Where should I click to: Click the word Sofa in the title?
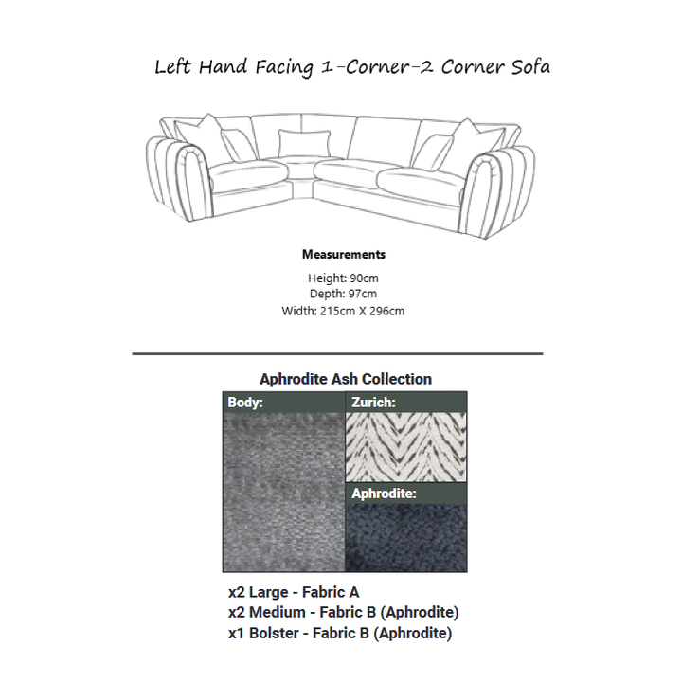[523, 67]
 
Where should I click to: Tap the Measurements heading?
[343, 255]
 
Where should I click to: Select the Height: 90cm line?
[343, 278]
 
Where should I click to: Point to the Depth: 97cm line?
[343, 295]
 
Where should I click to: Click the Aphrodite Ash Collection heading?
[345, 379]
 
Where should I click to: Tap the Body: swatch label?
[245, 402]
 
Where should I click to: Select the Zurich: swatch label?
[373, 402]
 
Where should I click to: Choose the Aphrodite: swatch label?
[384, 494]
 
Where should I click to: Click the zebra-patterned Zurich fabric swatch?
[405, 447]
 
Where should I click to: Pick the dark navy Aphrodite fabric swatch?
[405, 537]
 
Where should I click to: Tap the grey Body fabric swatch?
[283, 493]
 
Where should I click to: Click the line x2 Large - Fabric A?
[294, 593]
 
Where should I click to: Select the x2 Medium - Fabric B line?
[343, 613]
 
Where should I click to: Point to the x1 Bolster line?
[339, 633]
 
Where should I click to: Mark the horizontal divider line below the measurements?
[337, 353]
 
